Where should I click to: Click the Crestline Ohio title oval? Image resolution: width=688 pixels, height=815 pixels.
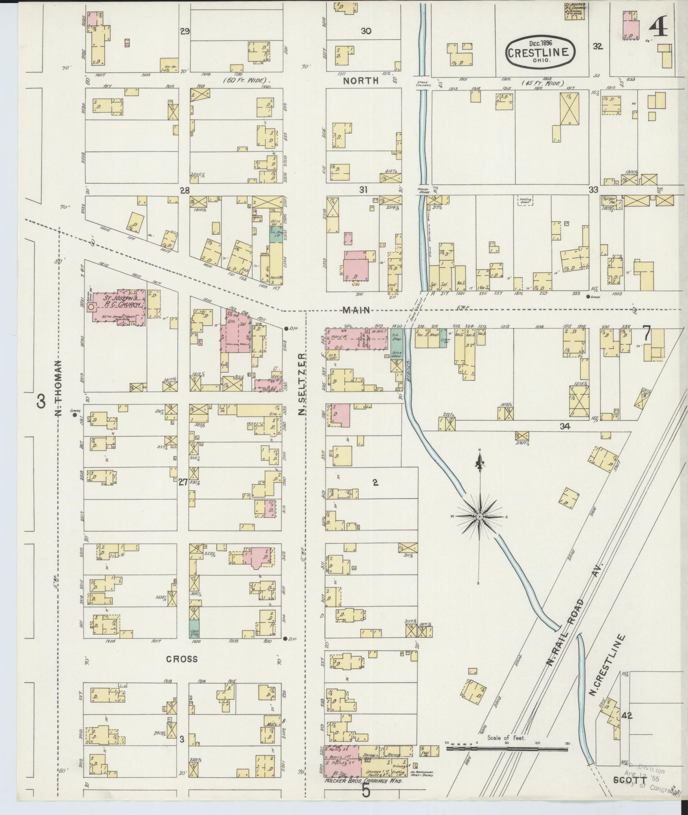[x=541, y=51]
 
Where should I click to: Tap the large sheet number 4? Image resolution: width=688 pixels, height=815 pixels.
[x=658, y=30]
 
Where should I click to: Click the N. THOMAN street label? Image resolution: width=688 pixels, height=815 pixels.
[x=59, y=388]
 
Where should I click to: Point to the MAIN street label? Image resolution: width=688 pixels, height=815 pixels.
[x=357, y=310]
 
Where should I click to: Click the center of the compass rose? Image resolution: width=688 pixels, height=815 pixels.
[x=480, y=517]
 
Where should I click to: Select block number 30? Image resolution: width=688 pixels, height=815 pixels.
[x=366, y=31]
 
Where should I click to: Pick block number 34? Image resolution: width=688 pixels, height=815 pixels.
[x=565, y=426]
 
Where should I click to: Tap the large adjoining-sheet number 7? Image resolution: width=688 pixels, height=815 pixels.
[x=646, y=333]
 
